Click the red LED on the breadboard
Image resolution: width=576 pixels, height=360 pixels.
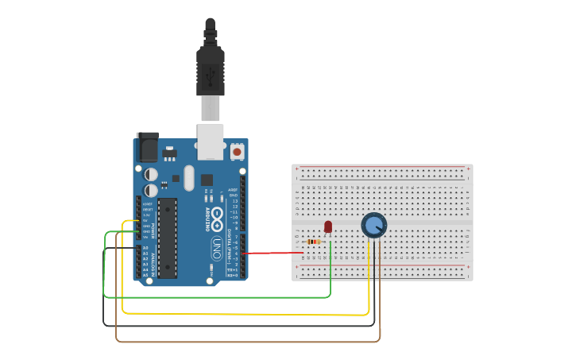[x=328, y=226]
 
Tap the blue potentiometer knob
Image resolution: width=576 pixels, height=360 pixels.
[x=373, y=225]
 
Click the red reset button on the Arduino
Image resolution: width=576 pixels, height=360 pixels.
[x=237, y=151]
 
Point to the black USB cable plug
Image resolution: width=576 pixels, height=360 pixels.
[x=210, y=72]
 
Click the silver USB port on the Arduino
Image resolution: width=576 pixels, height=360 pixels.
[x=211, y=140]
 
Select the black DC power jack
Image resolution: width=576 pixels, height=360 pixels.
[x=147, y=148]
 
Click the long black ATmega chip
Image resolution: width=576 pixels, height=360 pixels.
[x=167, y=238]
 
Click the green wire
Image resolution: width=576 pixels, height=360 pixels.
[x=222, y=297]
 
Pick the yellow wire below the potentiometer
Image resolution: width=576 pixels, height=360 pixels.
[x=238, y=313]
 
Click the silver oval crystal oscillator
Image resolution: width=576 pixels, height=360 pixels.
[x=188, y=177]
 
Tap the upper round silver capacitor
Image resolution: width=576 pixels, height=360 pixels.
[x=151, y=174]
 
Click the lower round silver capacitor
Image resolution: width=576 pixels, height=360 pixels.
[x=151, y=191]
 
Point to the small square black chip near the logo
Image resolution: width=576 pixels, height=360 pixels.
[x=207, y=180]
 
